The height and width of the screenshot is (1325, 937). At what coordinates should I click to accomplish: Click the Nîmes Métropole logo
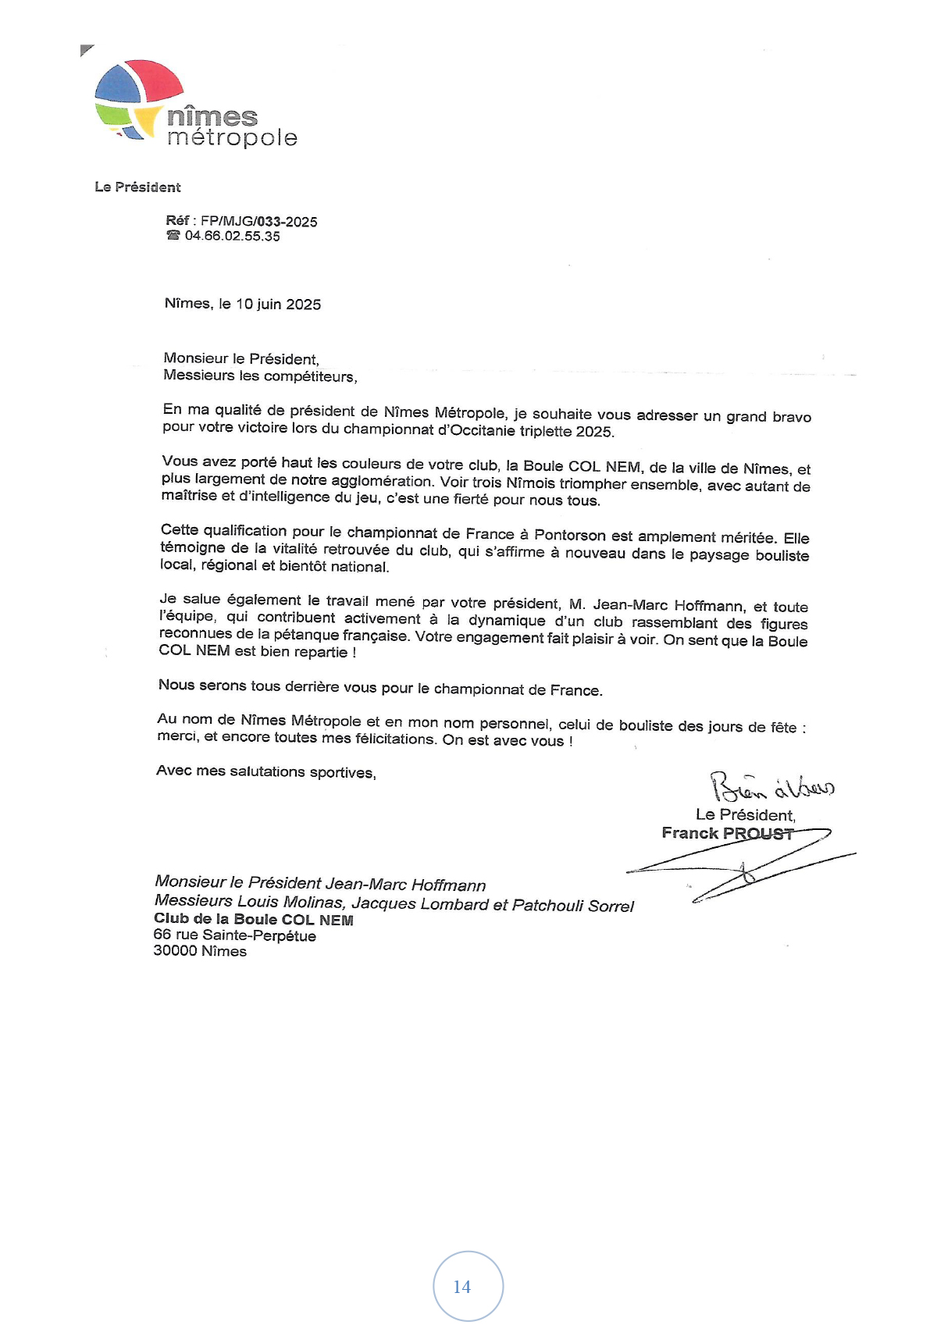point(195,104)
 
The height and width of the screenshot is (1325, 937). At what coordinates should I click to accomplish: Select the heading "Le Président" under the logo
point(137,187)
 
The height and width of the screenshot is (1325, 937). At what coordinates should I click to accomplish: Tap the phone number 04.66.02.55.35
point(232,237)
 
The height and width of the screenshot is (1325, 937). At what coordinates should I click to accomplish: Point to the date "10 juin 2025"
point(278,305)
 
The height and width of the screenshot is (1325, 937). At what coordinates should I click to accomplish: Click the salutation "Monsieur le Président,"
point(241,359)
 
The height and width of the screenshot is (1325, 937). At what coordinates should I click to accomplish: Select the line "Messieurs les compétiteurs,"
point(260,376)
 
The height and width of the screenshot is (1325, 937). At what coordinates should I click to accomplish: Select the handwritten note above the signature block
point(771,787)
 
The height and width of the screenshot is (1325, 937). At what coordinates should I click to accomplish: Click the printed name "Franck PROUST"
point(727,833)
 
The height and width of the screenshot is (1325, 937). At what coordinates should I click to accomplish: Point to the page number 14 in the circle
point(462,1287)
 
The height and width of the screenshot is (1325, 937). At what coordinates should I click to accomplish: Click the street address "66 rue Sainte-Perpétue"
point(235,935)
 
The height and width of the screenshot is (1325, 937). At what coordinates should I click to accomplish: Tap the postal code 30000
point(175,951)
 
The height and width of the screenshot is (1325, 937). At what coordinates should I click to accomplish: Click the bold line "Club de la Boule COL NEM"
point(254,920)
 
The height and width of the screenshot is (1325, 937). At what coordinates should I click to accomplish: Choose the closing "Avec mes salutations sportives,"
point(266,771)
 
